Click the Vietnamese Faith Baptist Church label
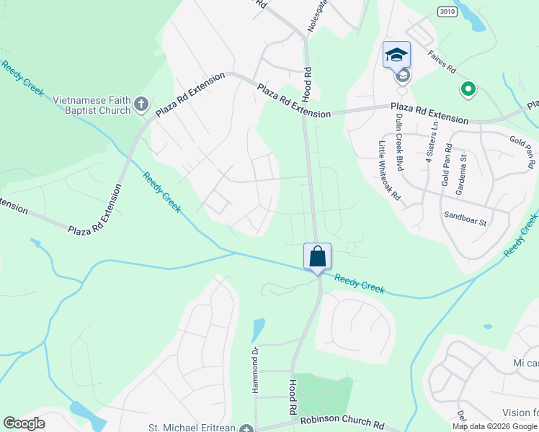86,105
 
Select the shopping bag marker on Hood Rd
318,256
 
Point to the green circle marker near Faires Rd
468,89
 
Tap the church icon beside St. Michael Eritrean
247,428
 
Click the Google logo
24,423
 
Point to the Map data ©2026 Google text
494,426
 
